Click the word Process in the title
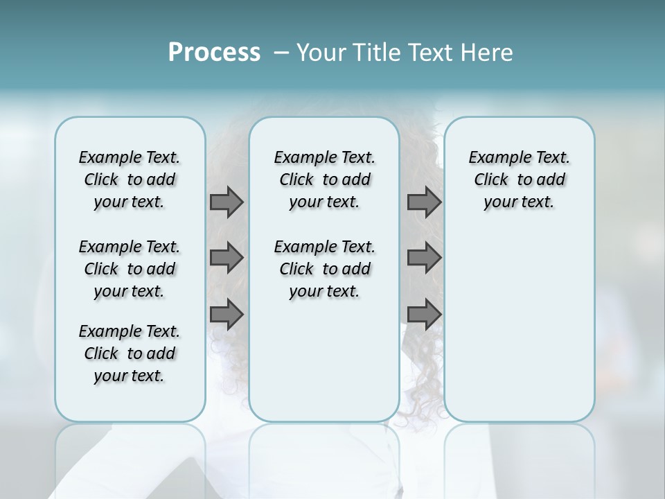214,53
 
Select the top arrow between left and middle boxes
227,202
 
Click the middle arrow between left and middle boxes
227,258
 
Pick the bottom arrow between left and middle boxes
227,315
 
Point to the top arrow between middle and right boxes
424,202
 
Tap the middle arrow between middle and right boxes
424,258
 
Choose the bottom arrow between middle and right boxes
424,315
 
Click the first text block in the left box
130,180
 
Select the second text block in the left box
130,269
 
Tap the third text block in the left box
130,353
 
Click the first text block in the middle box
324,180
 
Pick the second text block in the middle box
324,269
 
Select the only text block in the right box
519,180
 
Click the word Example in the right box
494,158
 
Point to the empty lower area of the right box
519,326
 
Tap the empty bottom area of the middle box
324,367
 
